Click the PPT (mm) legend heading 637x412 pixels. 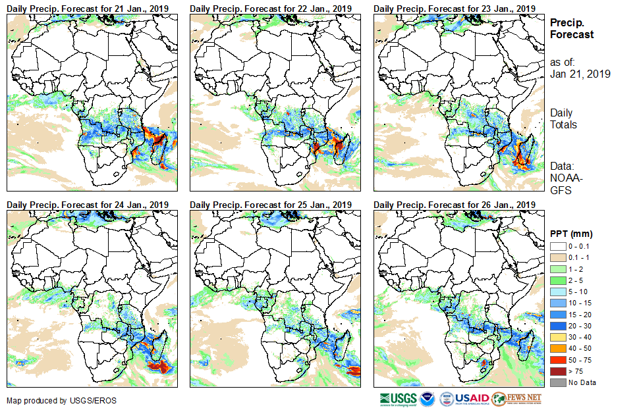point(571,234)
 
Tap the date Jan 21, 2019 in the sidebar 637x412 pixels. point(580,74)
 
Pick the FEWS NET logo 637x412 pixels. point(516,399)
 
